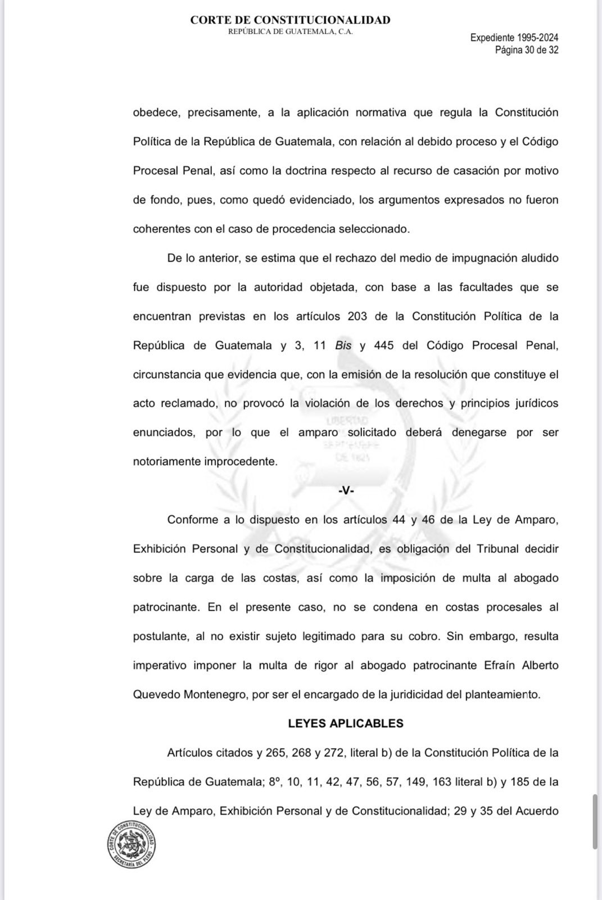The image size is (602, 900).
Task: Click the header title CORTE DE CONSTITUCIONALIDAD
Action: coord(290,20)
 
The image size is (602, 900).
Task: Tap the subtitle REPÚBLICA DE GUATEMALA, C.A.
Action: coord(290,32)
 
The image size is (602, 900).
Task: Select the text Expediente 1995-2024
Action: coord(514,38)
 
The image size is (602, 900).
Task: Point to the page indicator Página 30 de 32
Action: coord(526,49)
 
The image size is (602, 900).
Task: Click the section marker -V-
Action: coord(346,490)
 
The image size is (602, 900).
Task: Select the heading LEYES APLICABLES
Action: coord(346,723)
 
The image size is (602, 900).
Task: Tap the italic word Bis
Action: coord(343,345)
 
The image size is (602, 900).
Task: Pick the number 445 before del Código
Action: coord(383,345)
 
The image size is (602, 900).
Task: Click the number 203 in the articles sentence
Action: coord(357,316)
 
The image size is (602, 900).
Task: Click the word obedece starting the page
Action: coord(156,112)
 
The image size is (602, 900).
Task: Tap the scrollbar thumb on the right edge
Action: coord(595,821)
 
